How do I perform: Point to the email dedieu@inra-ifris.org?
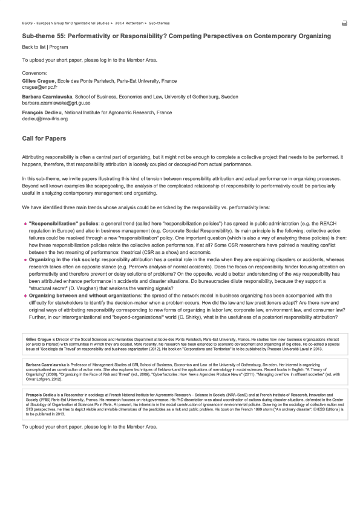click(x=45, y=119)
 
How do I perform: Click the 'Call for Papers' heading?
click(x=44, y=139)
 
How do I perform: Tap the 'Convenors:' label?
click(x=34, y=73)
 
